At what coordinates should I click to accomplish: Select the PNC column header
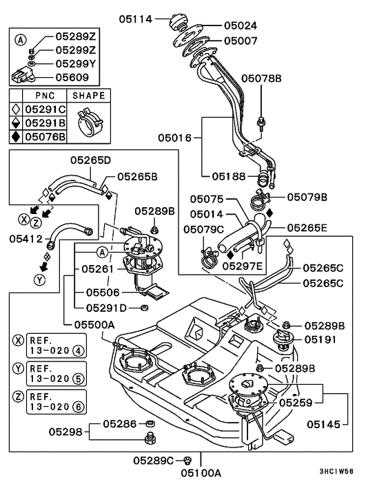point(45,96)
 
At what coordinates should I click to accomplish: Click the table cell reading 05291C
point(45,109)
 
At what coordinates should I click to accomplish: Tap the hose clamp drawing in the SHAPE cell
point(90,123)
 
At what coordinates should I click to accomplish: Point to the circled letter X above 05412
point(23,221)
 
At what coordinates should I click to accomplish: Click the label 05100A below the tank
point(201,473)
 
